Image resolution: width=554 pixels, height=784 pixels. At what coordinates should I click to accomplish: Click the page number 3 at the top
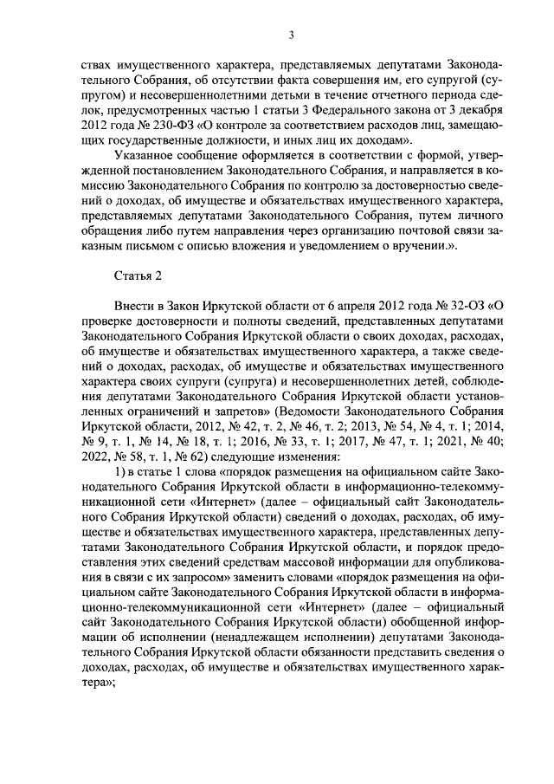pos(292,35)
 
